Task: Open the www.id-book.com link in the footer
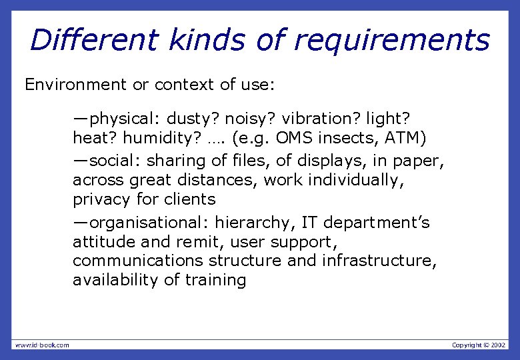click(42, 345)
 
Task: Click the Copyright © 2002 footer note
click(479, 345)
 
